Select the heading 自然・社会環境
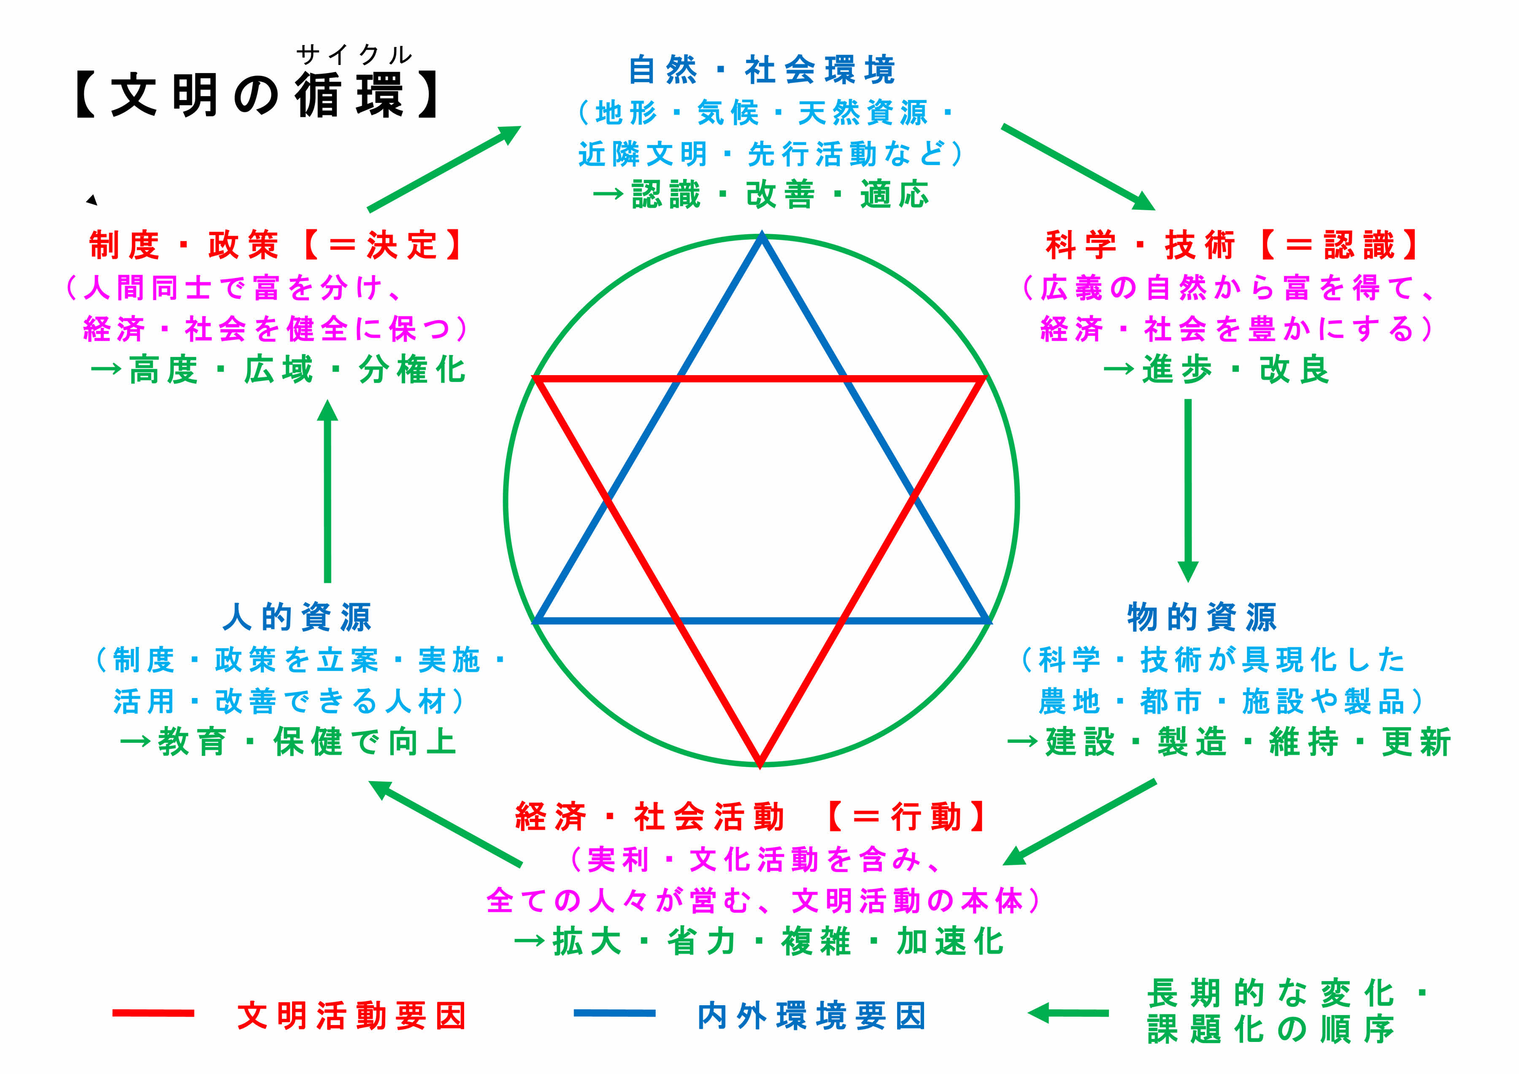[x=762, y=70]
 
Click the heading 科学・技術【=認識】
[x=1232, y=246]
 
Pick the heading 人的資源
[x=298, y=617]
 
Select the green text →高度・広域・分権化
[x=278, y=370]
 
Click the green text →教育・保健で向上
[x=288, y=742]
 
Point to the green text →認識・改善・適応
[x=761, y=195]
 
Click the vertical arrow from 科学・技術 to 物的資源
[x=1188, y=490]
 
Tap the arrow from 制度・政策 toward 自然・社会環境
[x=444, y=169]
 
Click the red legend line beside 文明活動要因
[x=153, y=1013]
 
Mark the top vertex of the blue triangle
[x=762, y=237]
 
